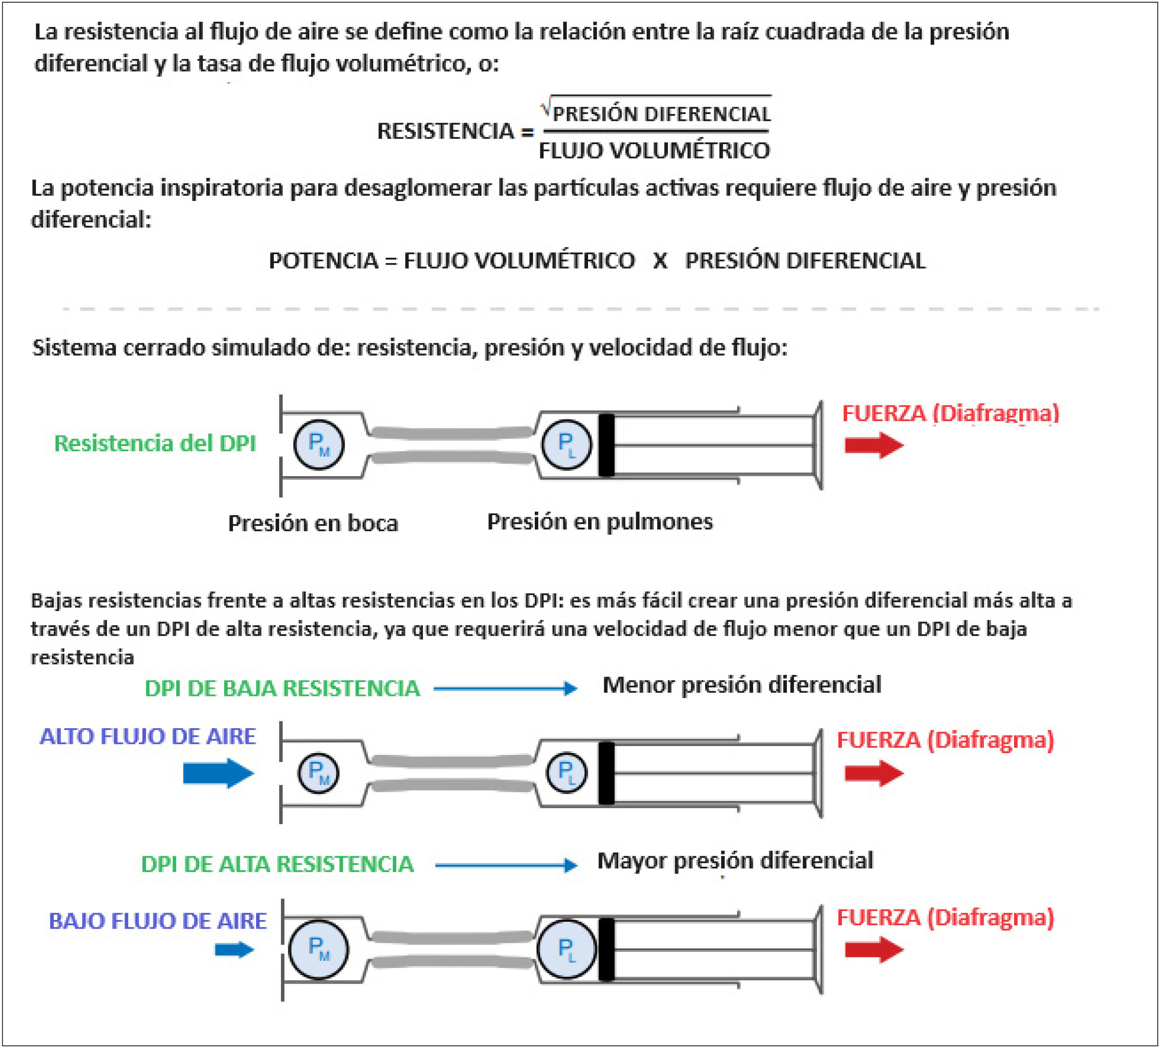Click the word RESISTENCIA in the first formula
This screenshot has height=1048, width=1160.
click(x=445, y=131)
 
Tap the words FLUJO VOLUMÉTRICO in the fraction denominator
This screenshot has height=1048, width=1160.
click(x=654, y=151)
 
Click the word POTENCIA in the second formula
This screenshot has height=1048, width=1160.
click(x=323, y=260)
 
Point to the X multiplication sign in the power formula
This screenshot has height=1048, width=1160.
click(x=660, y=260)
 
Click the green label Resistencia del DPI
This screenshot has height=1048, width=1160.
click(x=155, y=443)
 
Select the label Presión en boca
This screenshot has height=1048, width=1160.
click(x=313, y=523)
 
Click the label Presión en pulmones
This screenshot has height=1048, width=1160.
click(x=599, y=521)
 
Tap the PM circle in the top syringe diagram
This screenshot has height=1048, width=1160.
click(x=319, y=445)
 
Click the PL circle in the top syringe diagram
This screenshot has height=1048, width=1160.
click(x=567, y=445)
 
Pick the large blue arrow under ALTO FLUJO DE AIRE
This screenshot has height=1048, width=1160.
click(x=218, y=773)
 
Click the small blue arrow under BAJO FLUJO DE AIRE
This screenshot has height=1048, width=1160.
click(x=234, y=949)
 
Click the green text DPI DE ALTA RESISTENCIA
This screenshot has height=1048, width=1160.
click(x=277, y=864)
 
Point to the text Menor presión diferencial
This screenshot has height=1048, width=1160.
click(x=742, y=685)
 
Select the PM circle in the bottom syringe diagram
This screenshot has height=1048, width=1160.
click(x=318, y=949)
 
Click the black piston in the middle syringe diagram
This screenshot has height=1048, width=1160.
click(x=606, y=773)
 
